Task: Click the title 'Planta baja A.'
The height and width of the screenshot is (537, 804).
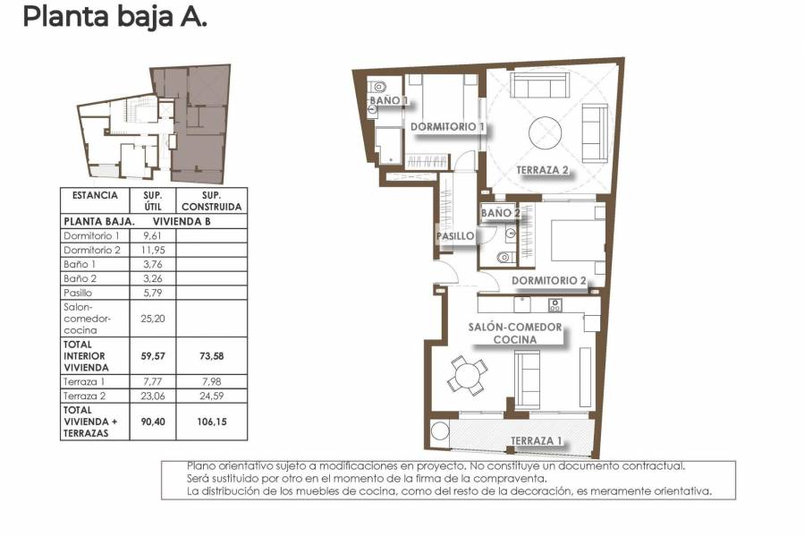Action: click(x=114, y=16)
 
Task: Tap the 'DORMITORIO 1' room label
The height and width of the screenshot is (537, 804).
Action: click(x=447, y=127)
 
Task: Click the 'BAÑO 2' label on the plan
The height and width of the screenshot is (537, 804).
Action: click(x=500, y=213)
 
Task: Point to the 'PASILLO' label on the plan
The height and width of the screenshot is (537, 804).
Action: click(x=454, y=236)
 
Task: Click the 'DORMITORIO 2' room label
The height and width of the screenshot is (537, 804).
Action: click(x=549, y=281)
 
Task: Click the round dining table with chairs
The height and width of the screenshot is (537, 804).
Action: click(x=468, y=374)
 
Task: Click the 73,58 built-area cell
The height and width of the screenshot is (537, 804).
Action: click(x=211, y=355)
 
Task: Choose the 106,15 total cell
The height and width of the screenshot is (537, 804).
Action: click(x=211, y=422)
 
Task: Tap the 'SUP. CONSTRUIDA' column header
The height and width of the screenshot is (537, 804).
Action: click(x=211, y=200)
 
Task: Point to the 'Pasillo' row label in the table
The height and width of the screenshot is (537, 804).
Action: click(x=80, y=293)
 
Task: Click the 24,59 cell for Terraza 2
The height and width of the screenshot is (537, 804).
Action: click(x=211, y=395)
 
